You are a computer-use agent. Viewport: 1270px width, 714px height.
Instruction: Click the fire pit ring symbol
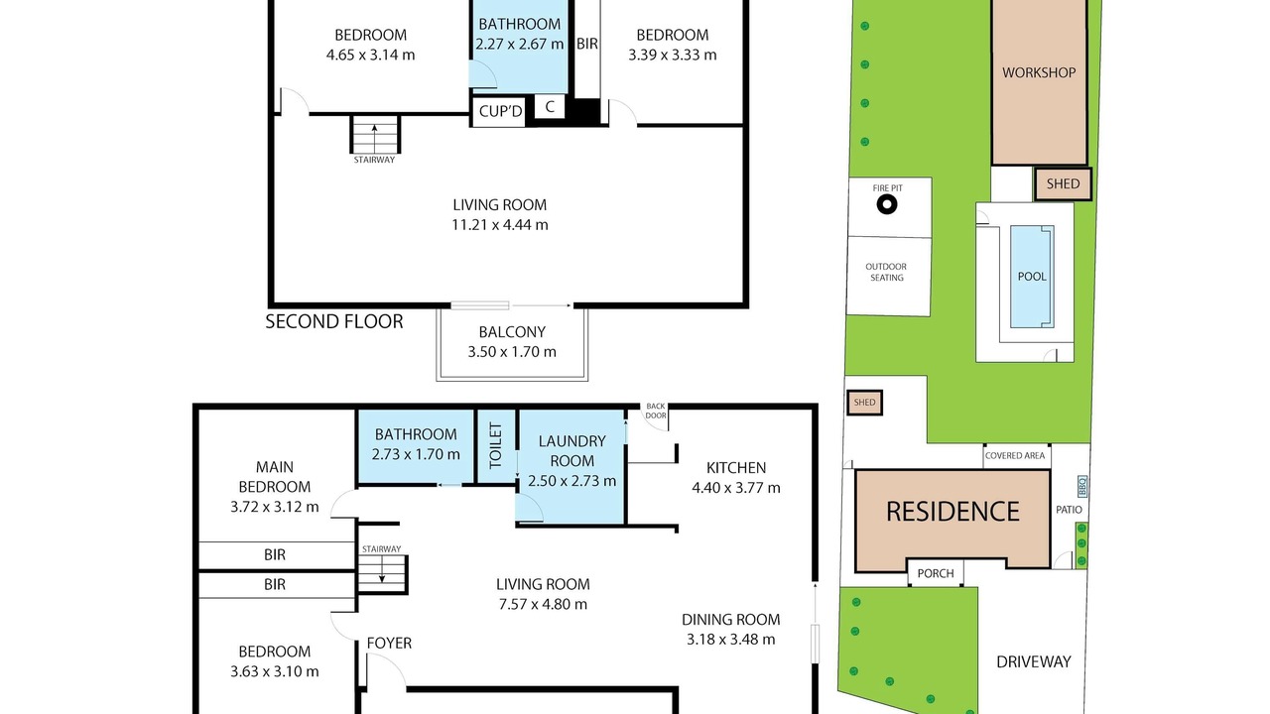point(887,204)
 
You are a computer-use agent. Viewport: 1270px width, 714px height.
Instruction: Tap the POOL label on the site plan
point(1032,277)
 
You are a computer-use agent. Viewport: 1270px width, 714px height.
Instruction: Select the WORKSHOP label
point(1039,72)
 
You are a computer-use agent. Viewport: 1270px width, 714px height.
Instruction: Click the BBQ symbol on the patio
point(1081,486)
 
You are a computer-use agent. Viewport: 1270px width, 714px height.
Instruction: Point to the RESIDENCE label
point(952,511)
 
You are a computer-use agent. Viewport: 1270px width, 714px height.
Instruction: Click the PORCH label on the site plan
point(936,573)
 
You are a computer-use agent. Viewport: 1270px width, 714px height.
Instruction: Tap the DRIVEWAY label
point(1034,661)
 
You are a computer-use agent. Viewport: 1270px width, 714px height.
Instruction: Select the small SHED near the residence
point(864,403)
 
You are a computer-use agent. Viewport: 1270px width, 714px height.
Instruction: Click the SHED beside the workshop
point(1063,183)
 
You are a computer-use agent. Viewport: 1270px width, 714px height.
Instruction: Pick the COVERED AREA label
point(1015,455)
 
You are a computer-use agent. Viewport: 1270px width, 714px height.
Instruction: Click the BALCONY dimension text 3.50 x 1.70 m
point(511,352)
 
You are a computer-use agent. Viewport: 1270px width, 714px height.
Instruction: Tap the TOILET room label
point(495,445)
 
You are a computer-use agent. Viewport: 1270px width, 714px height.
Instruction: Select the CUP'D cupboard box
point(499,112)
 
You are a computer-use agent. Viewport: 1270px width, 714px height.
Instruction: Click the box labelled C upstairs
point(550,107)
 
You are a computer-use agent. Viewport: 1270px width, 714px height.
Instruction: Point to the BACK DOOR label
point(656,411)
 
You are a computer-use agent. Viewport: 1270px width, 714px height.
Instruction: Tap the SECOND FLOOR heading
point(334,322)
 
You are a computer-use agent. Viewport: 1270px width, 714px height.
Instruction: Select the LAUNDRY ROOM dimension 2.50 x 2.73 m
point(571,481)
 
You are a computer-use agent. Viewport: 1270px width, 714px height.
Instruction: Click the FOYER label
point(389,644)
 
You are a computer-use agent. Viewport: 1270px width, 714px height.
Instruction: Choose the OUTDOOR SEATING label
point(886,272)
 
